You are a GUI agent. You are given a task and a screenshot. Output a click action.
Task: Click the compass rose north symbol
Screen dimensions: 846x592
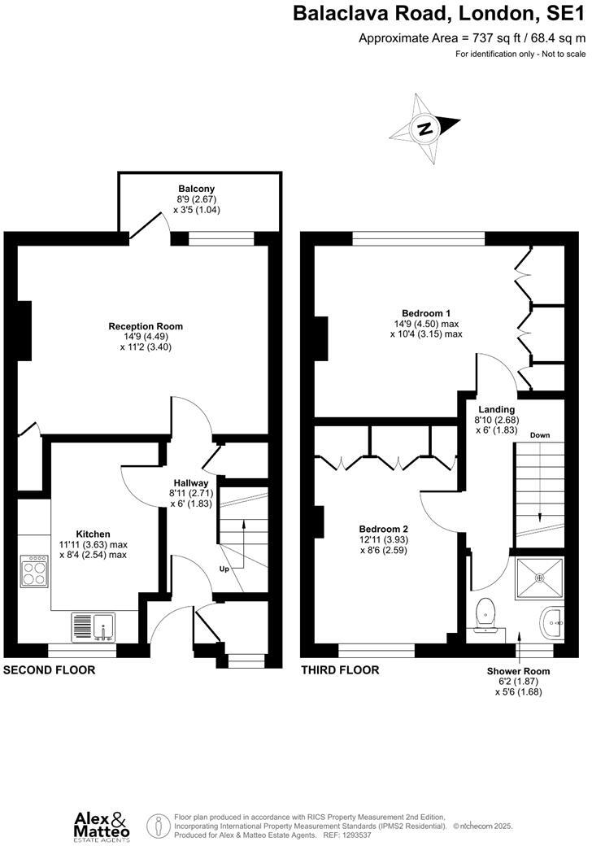[x=424, y=129]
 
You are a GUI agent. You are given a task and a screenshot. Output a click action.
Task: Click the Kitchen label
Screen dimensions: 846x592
[x=93, y=534]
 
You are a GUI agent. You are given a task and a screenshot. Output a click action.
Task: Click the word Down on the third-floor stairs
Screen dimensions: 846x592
[x=539, y=435]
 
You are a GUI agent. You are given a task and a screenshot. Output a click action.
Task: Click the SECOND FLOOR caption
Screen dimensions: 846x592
[x=50, y=670]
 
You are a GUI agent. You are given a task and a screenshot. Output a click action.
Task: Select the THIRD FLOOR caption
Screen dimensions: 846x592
[x=341, y=670]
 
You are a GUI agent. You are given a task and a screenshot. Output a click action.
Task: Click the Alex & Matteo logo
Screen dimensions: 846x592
[x=101, y=823]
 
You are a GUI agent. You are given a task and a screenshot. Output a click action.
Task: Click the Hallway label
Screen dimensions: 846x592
[x=189, y=483]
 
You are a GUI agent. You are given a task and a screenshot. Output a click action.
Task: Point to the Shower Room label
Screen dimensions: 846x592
[x=518, y=671]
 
